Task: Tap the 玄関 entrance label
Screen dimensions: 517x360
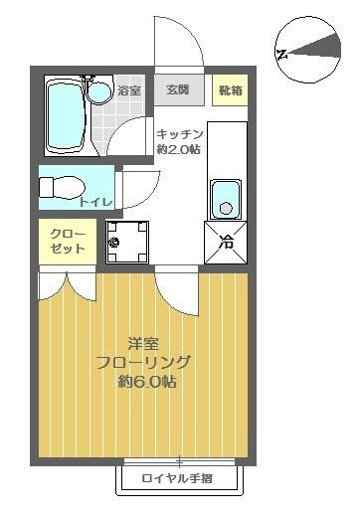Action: (178, 90)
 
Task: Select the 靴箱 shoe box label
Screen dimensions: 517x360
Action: (230, 90)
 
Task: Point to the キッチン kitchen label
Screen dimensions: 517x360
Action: (180, 134)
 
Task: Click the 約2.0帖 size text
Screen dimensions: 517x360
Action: (179, 149)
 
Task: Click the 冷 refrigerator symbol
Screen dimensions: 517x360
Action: (226, 241)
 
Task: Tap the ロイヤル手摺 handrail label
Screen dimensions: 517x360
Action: (180, 479)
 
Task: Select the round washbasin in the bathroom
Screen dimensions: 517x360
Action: (98, 92)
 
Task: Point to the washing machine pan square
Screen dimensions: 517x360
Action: (126, 242)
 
